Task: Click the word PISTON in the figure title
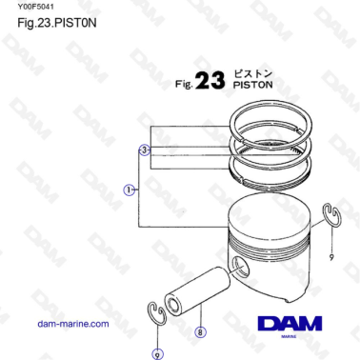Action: [x=252, y=84]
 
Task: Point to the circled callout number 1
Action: [x=130, y=190]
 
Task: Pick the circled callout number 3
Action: [x=144, y=150]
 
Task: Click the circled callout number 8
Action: [x=199, y=332]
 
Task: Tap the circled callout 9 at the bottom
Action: [x=156, y=353]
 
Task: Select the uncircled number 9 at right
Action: [x=331, y=257]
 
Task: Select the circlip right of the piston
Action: [x=329, y=215]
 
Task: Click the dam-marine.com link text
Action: [x=73, y=324]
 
